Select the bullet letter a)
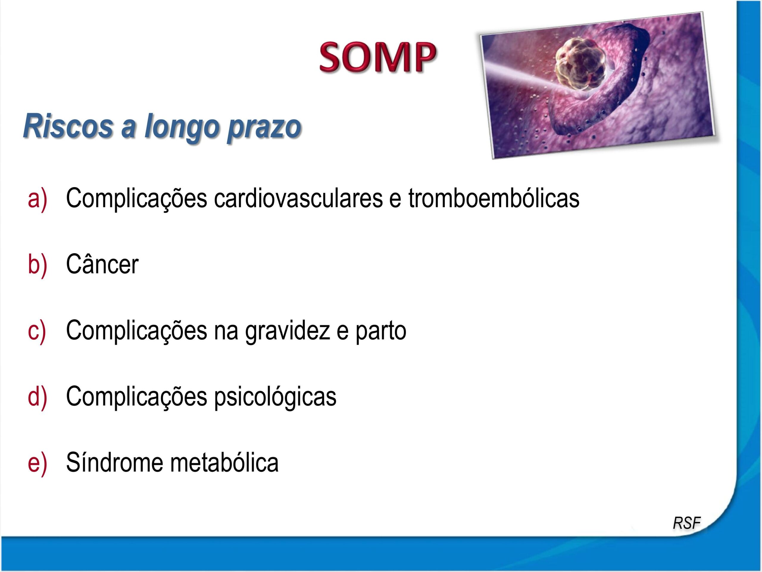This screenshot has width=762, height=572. (x=37, y=199)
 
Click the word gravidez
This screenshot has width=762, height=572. (x=287, y=331)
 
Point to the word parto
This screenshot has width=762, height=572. (x=381, y=331)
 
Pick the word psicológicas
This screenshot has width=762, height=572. (x=275, y=397)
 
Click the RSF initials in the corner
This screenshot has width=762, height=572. (x=686, y=523)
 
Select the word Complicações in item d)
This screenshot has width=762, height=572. (x=136, y=397)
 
